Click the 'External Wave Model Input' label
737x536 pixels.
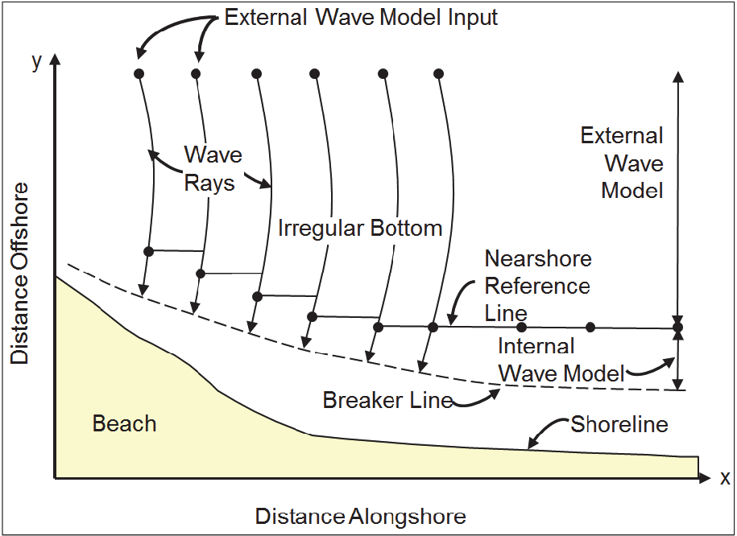(361, 18)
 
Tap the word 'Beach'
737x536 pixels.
(124, 423)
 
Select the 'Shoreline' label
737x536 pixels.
(619, 424)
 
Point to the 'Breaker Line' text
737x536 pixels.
(387, 400)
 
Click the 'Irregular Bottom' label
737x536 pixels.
(360, 229)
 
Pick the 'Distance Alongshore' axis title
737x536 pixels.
(361, 516)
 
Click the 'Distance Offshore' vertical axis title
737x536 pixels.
(20, 274)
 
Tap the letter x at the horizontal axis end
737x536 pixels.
(725, 479)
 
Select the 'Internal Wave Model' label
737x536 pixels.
(561, 360)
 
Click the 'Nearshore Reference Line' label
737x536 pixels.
(538, 286)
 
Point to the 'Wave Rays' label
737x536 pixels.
(213, 168)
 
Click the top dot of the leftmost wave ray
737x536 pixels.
(139, 74)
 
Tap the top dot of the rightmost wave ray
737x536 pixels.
(438, 74)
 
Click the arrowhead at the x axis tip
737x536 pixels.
(705, 478)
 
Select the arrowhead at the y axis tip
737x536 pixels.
(56, 60)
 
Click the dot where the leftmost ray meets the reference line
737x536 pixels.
(148, 252)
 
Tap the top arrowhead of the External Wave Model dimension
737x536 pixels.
(677, 76)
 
